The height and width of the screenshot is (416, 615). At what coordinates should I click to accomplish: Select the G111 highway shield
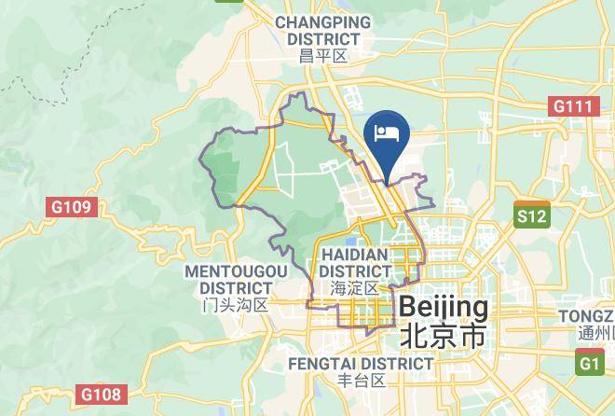coord(573,106)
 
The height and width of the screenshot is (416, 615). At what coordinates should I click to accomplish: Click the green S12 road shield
coord(532,216)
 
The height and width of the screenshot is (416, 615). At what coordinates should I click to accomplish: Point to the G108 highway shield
coord(99,395)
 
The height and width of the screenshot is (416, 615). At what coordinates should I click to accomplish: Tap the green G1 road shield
coord(590,363)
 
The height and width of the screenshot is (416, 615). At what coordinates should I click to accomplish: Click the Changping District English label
coord(323,31)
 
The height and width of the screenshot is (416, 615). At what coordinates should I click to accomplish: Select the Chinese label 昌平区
coord(323,56)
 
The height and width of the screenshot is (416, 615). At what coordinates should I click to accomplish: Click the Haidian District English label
coord(354,262)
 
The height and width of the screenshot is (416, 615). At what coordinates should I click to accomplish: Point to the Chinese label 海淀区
coord(354,288)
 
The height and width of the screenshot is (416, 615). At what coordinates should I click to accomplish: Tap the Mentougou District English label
coord(236,279)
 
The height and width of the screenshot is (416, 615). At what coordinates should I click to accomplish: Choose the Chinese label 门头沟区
coord(236,305)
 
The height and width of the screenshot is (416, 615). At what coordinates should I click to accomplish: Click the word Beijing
coord(443,307)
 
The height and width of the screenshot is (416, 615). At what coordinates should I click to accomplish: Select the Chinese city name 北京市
coord(443,336)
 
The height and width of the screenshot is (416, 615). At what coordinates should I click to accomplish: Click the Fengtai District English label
coord(361,362)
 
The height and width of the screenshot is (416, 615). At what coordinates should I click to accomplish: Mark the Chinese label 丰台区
coord(361,381)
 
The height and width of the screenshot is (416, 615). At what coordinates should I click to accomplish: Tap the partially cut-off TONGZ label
coord(586,316)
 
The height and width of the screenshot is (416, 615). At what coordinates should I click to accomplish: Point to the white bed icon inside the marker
coord(387,132)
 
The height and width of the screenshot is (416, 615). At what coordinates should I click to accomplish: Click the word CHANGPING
coord(323,22)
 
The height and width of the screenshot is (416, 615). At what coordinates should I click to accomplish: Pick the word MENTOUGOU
coord(236,270)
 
